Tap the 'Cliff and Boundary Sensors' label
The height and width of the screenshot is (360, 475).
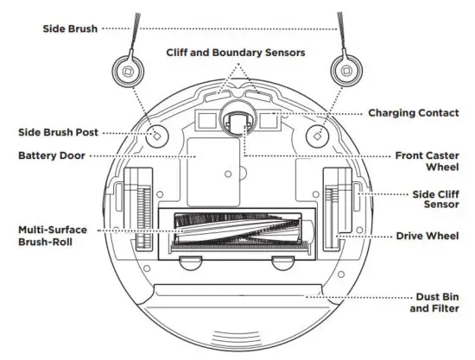tap(236, 53)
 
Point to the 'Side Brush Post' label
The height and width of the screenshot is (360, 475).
tap(59, 133)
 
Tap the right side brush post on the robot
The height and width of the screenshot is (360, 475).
tap(317, 134)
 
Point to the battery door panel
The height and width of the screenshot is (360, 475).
tap(207, 164)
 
